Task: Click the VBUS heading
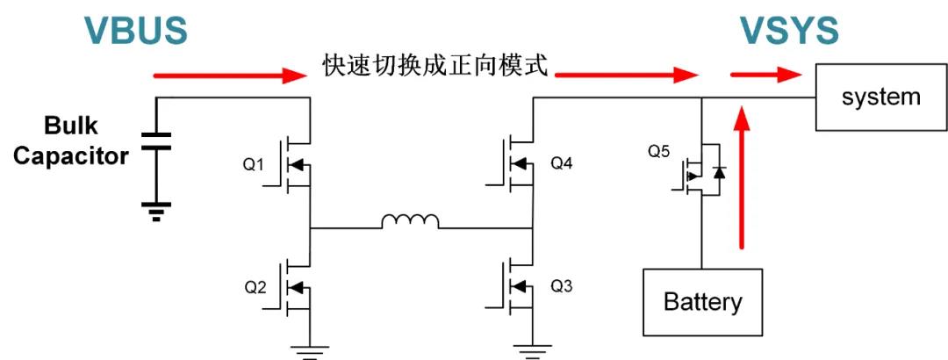136,30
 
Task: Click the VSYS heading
788,30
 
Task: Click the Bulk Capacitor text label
71,142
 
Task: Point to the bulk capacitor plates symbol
157,142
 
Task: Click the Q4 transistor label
562,163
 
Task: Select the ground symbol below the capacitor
157,210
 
